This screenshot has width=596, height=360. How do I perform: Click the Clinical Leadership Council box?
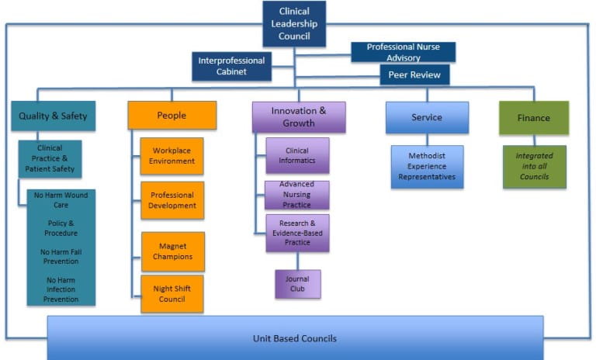[293, 23]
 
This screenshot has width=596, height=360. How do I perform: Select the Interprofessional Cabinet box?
[231, 66]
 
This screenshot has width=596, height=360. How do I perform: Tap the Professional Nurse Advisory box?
[403, 52]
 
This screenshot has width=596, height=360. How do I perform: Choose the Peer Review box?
[414, 74]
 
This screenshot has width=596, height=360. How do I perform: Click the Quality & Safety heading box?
[54, 116]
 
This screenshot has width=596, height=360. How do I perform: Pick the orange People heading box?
[172, 116]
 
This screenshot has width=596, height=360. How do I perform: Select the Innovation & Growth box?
[298, 117]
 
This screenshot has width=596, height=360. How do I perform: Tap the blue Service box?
[427, 117]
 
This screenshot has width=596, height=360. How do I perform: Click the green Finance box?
[533, 118]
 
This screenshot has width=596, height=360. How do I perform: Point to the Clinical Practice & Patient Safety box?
[50, 158]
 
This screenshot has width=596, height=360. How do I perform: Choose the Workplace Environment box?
[172, 156]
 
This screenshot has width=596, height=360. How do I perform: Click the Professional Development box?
[172, 200]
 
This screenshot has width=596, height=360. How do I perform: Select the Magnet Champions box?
[172, 251]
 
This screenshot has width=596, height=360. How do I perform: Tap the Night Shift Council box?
[172, 293]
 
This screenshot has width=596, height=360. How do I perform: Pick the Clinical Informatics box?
[297, 156]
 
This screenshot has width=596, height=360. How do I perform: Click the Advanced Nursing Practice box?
[297, 195]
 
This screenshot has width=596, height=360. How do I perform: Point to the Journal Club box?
[297, 284]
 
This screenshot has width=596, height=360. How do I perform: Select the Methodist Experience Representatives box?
[427, 167]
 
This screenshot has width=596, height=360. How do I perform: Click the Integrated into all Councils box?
[534, 166]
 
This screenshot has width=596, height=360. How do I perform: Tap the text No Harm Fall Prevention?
[61, 257]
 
